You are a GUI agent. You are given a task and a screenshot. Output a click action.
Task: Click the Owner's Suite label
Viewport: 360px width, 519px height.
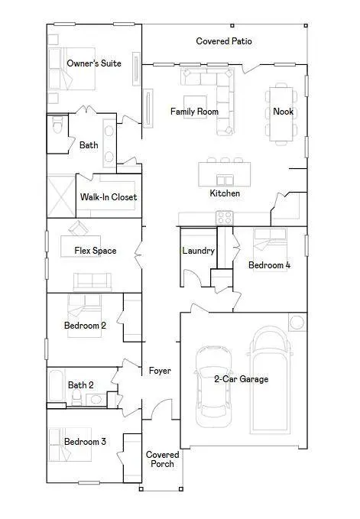coord(93,63)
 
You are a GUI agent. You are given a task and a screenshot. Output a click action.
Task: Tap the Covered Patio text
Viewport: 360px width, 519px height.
coord(224,41)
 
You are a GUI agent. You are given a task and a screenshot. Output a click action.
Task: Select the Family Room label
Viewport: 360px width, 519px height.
coord(194,112)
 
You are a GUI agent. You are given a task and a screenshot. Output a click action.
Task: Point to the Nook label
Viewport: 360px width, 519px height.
coord(283,112)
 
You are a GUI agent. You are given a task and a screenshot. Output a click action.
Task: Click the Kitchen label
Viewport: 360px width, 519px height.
coord(225,193)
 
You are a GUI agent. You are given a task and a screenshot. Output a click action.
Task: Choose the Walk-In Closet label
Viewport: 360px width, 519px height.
coord(109,197)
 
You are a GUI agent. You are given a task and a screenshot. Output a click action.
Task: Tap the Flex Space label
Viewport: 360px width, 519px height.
coord(95,251)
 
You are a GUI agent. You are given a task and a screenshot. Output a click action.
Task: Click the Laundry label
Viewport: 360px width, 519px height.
coord(198,251)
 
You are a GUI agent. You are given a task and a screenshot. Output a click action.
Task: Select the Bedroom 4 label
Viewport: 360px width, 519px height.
coord(269,265)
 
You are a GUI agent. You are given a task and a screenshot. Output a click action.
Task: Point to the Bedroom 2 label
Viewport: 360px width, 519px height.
coord(84,326)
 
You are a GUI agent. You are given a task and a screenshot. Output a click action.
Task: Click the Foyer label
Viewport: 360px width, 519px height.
coord(160,371)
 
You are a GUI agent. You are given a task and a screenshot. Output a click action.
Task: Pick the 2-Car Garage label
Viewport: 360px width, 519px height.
coord(241,378)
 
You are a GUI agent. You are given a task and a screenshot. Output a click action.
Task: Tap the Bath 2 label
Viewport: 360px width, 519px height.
coord(81,385)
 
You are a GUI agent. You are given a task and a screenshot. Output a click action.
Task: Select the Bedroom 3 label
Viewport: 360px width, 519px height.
coord(84,442)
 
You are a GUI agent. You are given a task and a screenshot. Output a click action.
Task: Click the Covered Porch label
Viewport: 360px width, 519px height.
coord(162,459)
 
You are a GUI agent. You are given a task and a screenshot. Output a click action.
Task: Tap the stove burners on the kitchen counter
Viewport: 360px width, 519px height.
coord(224,218)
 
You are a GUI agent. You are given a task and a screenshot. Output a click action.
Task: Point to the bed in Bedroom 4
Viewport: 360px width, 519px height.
coord(271,242)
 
